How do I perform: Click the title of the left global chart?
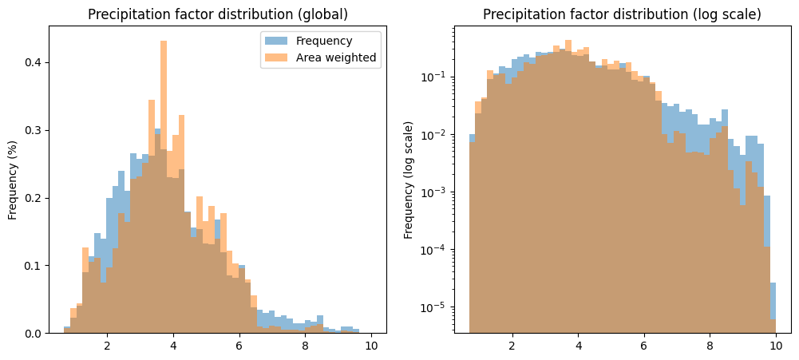pyautogui.click(x=218, y=14)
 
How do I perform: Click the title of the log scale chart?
pyautogui.click(x=622, y=14)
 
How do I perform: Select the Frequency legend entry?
pyautogui.click(x=324, y=40)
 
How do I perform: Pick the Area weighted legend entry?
pyautogui.click(x=335, y=57)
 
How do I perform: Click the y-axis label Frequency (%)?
pyautogui.click(x=14, y=180)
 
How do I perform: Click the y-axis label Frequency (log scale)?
pyautogui.click(x=409, y=180)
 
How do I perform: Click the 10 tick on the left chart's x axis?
pyautogui.click(x=370, y=346)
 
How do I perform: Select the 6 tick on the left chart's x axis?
pyautogui.click(x=239, y=346)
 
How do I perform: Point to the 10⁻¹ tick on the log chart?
pyautogui.click(x=436, y=77)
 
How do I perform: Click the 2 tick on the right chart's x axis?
pyautogui.click(x=512, y=346)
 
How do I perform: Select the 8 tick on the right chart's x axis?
pyautogui.click(x=710, y=346)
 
